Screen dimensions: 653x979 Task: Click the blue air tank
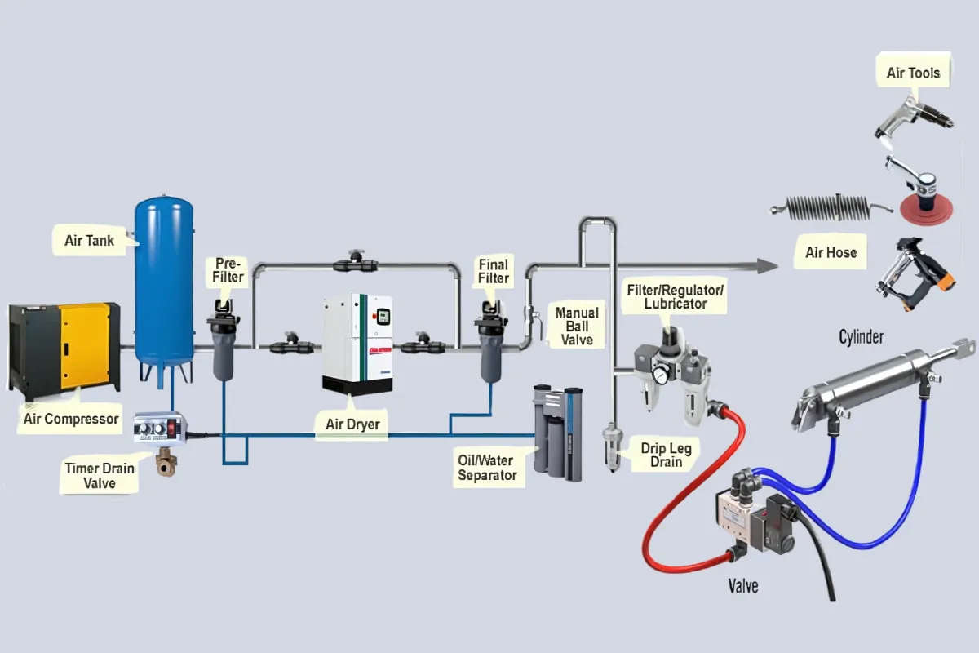click(165, 278)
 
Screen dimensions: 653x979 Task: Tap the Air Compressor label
click(71, 420)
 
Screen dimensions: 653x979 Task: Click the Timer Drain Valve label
click(100, 476)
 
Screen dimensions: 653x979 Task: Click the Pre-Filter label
click(229, 270)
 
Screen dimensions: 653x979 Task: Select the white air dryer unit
click(357, 343)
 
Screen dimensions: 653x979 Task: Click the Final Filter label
click(493, 271)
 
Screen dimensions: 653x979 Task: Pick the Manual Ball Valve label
click(577, 326)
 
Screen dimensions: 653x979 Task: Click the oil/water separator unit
click(557, 433)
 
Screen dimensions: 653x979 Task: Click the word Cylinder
click(861, 336)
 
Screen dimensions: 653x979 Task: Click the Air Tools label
click(913, 73)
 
